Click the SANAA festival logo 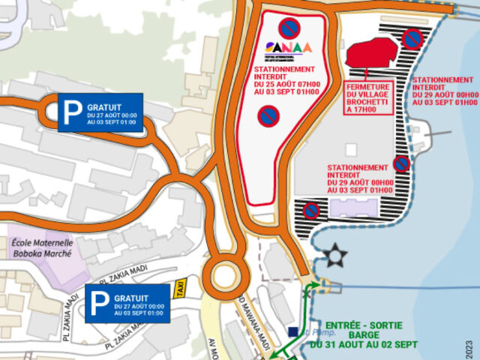click(289, 49)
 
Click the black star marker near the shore click(337, 255)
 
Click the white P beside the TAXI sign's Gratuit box click(98, 303)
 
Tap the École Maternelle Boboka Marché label click(42, 247)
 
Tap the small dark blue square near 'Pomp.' click(292, 331)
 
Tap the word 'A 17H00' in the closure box click(360, 110)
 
